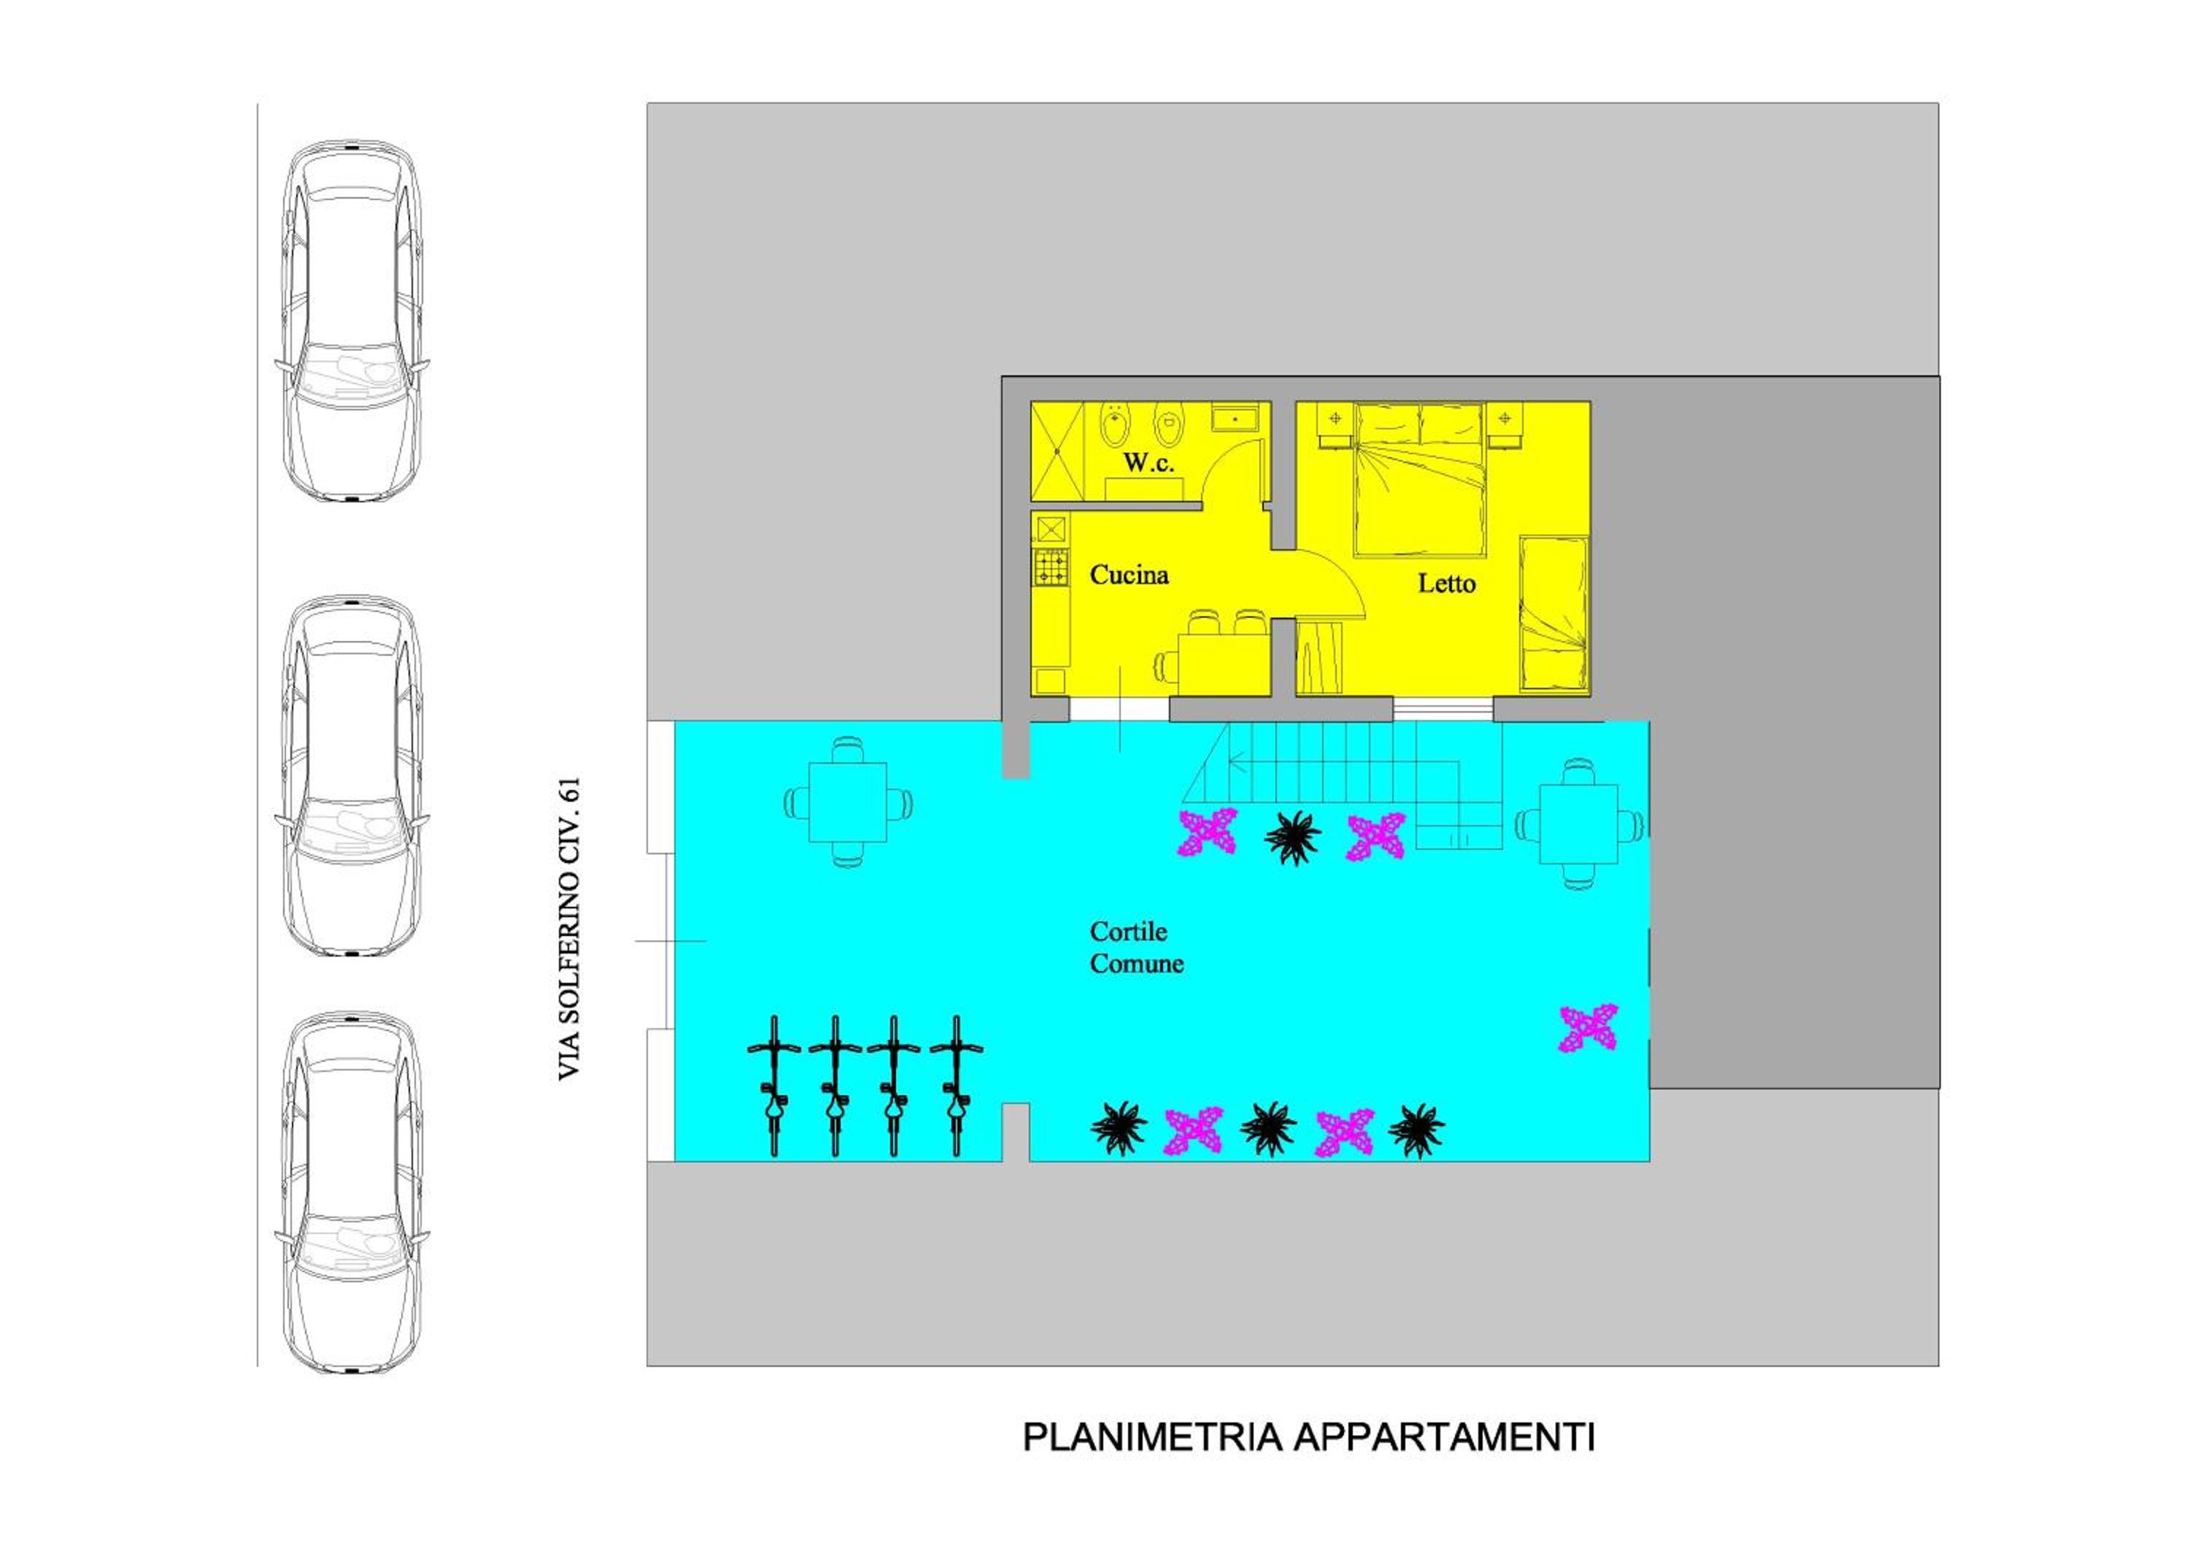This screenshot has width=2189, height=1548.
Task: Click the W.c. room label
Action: click(x=1148, y=463)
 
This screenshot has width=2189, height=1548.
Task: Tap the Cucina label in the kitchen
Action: click(x=1129, y=575)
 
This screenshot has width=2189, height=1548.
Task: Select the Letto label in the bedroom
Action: click(x=1446, y=583)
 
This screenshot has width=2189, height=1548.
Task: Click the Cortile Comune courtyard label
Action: click(x=1136, y=947)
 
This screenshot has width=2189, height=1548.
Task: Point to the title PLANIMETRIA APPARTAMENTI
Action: click(x=1308, y=1437)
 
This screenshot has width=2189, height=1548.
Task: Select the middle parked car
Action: click(x=352, y=776)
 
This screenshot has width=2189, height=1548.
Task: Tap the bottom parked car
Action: click(x=352, y=1192)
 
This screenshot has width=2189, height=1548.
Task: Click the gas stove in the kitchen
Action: click(x=1051, y=567)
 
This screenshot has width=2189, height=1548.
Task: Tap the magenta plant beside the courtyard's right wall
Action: click(x=1588, y=1028)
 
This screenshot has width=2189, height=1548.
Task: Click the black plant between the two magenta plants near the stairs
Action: click(x=1293, y=838)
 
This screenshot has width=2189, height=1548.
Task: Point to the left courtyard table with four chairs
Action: click(x=846, y=802)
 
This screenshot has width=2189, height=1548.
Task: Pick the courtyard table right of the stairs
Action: click(x=1579, y=823)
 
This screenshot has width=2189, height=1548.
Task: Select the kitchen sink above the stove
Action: click(x=1051, y=529)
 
